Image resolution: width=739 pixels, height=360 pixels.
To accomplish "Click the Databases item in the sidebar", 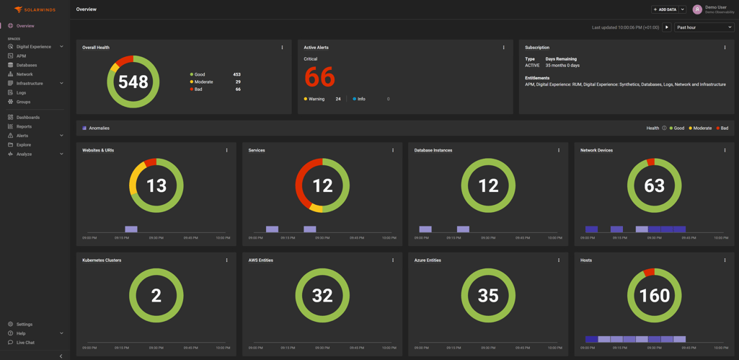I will click(x=27, y=65).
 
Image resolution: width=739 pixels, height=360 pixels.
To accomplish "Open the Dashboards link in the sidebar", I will click(x=27, y=117).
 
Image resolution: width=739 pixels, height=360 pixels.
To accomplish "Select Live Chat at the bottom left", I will click(x=25, y=343).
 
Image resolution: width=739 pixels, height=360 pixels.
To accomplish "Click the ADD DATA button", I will click(x=665, y=9).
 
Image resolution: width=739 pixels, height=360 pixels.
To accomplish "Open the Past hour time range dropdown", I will click(x=704, y=27).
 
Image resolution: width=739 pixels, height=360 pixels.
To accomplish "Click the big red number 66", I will click(x=319, y=76).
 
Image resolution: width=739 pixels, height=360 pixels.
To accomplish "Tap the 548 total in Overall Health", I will click(x=133, y=82).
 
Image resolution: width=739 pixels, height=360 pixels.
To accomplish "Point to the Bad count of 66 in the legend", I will click(x=238, y=89).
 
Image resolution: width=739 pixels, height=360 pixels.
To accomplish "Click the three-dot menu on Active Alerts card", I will click(x=503, y=48).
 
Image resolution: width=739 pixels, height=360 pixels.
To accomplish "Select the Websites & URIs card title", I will click(x=98, y=150).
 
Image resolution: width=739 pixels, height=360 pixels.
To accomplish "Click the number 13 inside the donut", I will click(x=156, y=186).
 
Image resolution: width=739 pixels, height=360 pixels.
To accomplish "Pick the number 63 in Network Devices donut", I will click(x=654, y=186).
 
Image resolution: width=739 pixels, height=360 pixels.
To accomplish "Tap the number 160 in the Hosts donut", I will click(x=654, y=296).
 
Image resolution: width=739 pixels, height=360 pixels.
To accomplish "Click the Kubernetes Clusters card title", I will click(x=102, y=260).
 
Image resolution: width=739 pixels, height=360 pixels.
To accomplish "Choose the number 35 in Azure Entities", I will click(x=488, y=296).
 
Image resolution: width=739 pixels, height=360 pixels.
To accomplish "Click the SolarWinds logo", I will click(x=35, y=9).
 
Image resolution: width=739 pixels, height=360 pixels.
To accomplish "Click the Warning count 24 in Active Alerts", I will click(x=338, y=99).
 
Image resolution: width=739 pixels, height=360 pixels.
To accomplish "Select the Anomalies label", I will click(x=99, y=128).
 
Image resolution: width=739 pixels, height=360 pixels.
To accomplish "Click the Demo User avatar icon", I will click(x=697, y=9).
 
